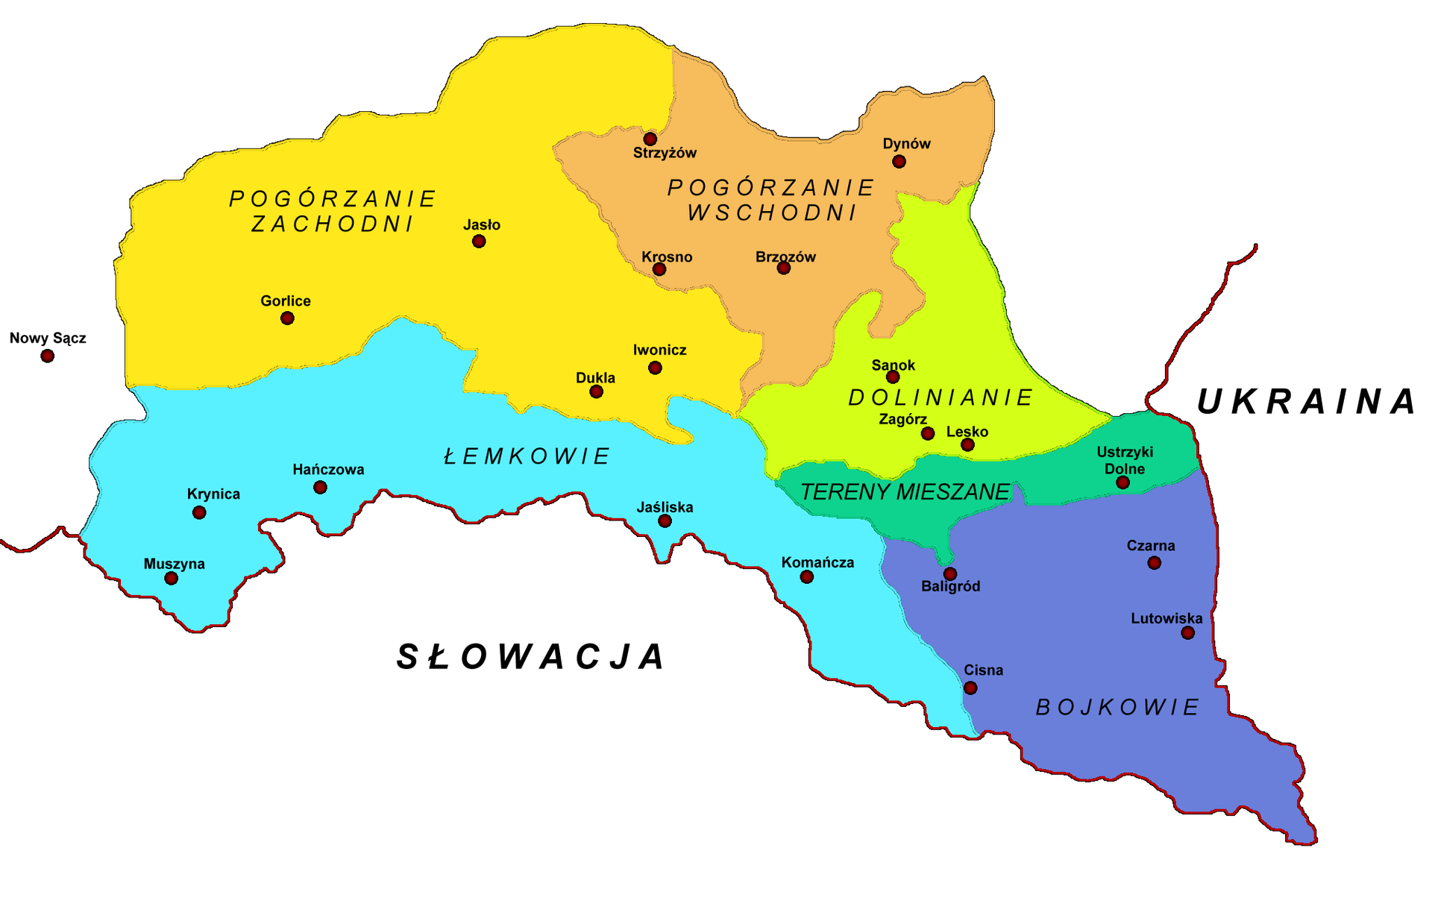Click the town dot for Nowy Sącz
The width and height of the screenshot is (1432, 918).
tap(48, 356)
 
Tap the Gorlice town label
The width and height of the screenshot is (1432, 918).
tap(285, 301)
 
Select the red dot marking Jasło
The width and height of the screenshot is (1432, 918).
tap(479, 241)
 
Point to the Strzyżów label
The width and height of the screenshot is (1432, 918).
tap(665, 153)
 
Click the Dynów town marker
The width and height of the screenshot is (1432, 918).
tap(899, 161)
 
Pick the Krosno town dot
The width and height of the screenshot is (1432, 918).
tap(659, 268)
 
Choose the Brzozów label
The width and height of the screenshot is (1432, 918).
tap(785, 257)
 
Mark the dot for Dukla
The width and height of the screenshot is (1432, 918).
tap(596, 392)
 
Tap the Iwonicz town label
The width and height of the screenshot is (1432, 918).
tap(659, 350)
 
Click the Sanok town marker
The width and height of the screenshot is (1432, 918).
tap(893, 377)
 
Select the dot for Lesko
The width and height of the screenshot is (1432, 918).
tap(967, 444)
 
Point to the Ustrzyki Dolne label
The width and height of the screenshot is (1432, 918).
tap(1125, 460)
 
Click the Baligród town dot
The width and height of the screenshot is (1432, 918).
tap(949, 573)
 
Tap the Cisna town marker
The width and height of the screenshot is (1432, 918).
tap(970, 688)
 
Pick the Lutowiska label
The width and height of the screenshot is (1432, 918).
tap(1166, 618)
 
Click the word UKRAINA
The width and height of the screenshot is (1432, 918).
tap(1306, 402)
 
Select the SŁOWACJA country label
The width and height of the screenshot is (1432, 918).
tap(531, 657)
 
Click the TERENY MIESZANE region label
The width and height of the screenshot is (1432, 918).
tap(905, 492)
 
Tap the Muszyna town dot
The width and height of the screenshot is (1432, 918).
tap(172, 578)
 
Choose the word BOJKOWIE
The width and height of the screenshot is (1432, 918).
tap(1117, 707)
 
